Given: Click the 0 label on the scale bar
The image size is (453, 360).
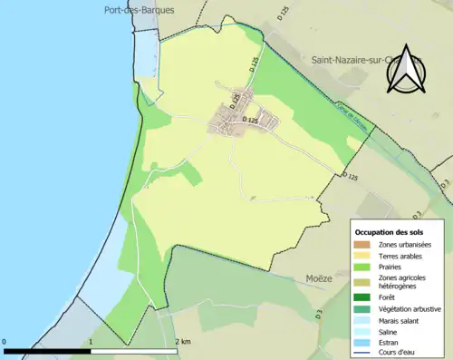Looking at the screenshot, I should point(5,342).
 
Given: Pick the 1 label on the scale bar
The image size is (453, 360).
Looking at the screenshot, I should point(91,342).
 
